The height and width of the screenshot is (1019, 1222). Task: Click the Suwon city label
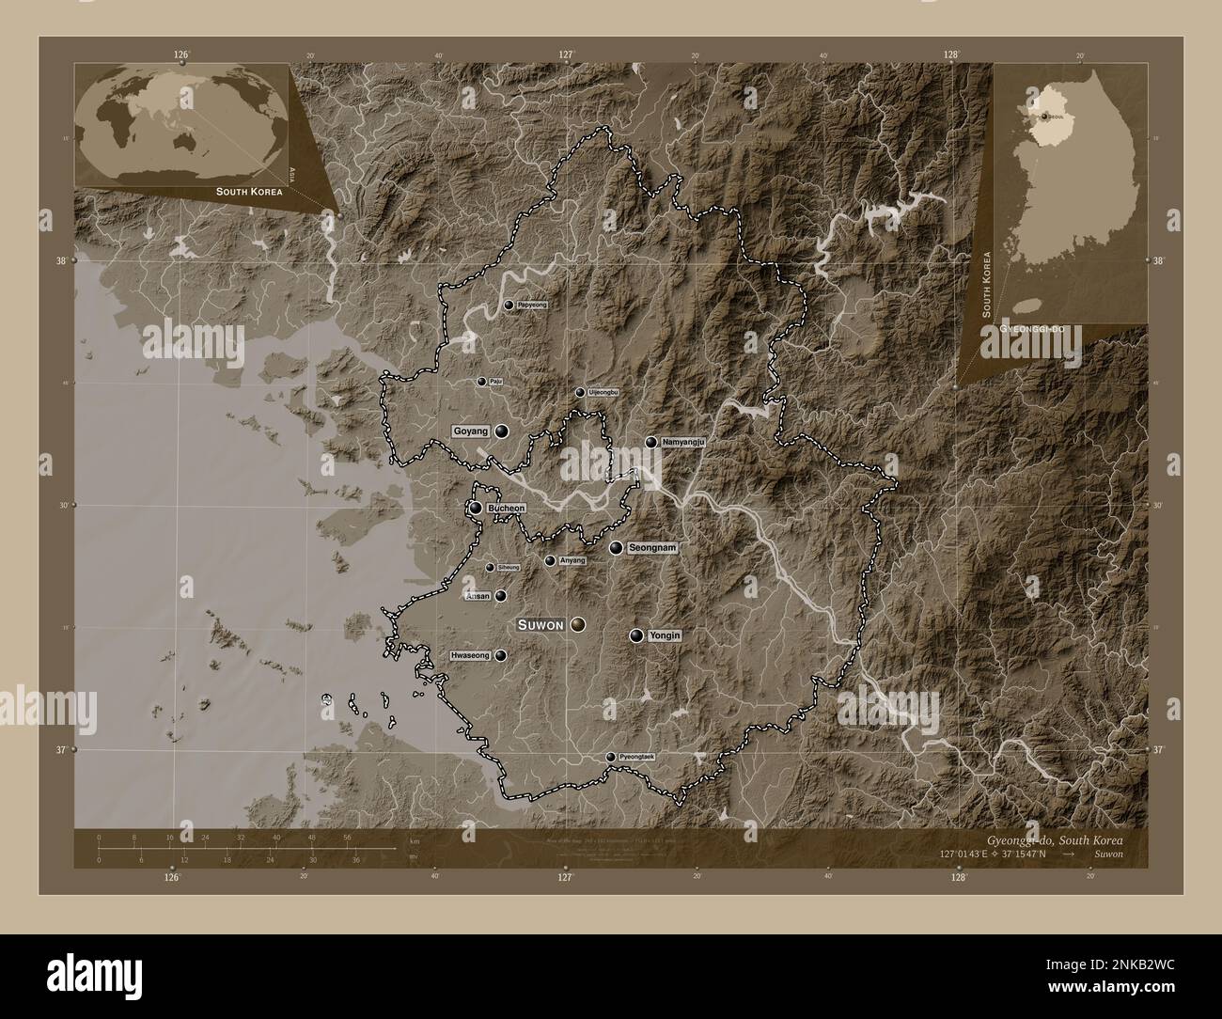coord(540,624)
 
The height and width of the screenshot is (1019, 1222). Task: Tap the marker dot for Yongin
coord(637,635)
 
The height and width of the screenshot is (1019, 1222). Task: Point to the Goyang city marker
coord(502,431)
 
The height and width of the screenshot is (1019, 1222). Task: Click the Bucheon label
coord(506,509)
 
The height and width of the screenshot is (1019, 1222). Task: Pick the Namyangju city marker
coord(650,442)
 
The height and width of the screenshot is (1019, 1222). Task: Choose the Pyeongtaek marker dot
coord(610,757)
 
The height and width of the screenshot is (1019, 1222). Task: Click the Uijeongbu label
coord(602,392)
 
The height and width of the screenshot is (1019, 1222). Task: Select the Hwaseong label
coord(471,656)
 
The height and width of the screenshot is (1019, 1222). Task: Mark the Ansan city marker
coord(501,596)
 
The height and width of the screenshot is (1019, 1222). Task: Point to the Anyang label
coord(572,561)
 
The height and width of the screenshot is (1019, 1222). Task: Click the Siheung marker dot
coord(489,567)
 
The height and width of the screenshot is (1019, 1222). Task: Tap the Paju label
coord(495,382)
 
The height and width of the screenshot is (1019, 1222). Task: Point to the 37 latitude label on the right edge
coord(1158,749)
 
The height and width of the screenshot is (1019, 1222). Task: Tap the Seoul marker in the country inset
coord(1042,116)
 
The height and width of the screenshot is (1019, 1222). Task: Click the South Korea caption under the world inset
coord(248,191)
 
